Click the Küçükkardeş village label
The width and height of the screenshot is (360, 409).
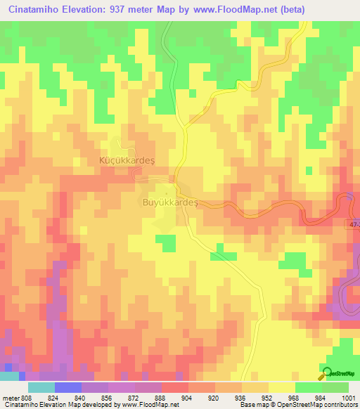click(x=117, y=160)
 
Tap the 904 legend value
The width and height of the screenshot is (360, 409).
click(x=188, y=397)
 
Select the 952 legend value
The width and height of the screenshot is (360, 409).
click(x=268, y=397)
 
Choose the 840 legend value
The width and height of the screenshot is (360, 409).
click(x=81, y=397)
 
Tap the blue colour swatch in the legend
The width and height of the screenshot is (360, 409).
click(x=67, y=387)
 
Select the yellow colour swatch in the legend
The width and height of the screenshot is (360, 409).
click(x=281, y=387)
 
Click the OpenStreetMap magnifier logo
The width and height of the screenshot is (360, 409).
click(x=326, y=373)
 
